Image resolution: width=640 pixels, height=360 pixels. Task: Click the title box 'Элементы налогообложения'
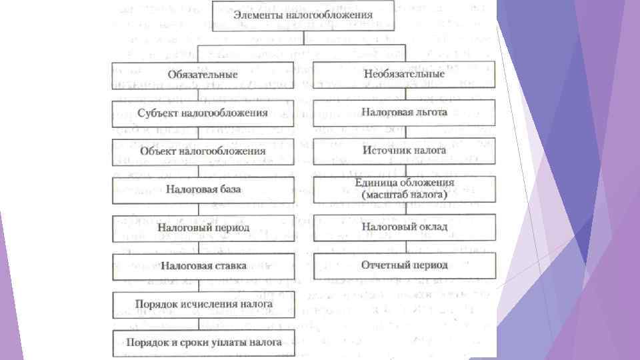pos(303,15)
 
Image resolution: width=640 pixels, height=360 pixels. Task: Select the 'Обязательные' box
pos(203,75)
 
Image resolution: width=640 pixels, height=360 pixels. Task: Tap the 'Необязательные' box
pos(404,74)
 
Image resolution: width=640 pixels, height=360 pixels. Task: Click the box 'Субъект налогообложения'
pos(203,113)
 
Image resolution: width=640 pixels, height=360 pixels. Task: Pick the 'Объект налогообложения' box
pos(203,151)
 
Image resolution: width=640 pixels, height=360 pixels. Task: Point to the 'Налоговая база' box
pos(203,189)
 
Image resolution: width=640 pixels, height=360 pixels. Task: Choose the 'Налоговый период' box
pos(203,227)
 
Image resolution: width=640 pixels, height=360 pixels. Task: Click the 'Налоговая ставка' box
pos(203,265)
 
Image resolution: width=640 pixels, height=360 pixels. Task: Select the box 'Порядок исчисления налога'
pos(203,304)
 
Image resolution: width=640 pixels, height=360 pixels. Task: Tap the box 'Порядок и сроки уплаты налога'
pos(203,343)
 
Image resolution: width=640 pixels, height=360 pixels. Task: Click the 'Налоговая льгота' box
pos(404,112)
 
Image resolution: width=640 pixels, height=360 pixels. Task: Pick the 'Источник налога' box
pos(404,151)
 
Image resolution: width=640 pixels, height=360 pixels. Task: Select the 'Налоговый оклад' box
pos(404,227)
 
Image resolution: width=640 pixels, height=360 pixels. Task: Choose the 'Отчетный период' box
pos(404,265)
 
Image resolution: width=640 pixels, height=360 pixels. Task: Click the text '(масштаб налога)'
pos(404,195)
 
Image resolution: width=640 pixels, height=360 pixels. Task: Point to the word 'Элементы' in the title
pos(257,15)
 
